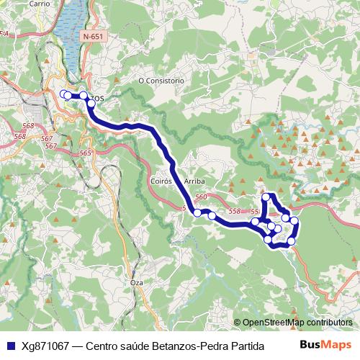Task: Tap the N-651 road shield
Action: coord(93,36)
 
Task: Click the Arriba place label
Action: coord(195,181)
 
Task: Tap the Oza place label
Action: coord(137,283)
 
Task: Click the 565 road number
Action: coord(85,153)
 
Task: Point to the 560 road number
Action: coord(201,197)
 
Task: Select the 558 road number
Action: coord(234,211)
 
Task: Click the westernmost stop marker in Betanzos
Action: coord(66,95)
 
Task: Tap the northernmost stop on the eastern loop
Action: coord(266,197)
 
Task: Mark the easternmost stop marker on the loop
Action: coord(294,220)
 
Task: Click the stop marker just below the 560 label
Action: coord(197,212)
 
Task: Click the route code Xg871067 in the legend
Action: coord(45,346)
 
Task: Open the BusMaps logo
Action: coord(325,344)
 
